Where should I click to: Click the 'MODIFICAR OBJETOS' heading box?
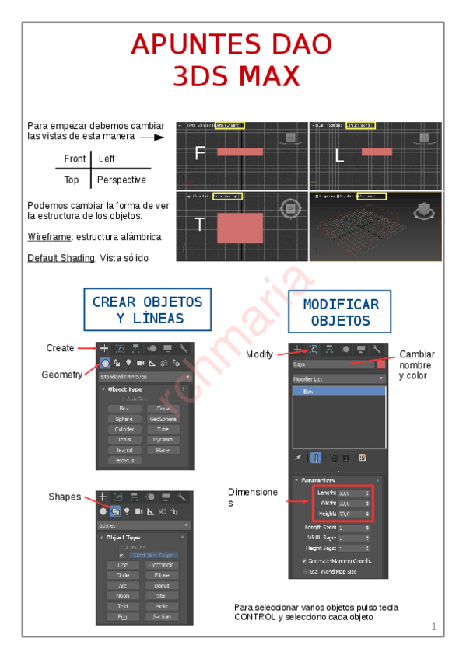tap(340, 312)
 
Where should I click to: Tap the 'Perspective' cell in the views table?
tap(121, 180)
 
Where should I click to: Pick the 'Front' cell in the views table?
tap(75, 159)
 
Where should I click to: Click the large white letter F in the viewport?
tap(200, 154)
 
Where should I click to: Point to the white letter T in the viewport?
tap(199, 225)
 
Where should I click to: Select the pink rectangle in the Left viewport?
tap(377, 152)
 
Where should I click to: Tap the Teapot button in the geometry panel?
tap(120, 450)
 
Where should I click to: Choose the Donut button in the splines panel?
tap(162, 585)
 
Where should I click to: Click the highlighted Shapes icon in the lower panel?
tap(115, 512)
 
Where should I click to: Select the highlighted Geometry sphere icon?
tap(103, 363)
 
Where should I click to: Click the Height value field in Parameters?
tap(355, 514)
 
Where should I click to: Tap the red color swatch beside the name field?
tap(380, 363)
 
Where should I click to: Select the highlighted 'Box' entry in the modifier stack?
tap(337, 392)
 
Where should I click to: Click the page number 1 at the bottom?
tap(433, 627)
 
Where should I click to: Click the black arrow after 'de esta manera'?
tap(157, 137)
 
